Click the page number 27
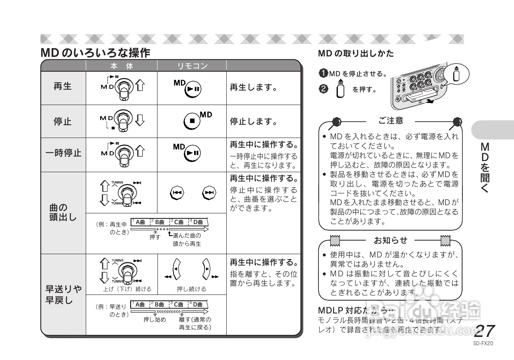pos(485,331)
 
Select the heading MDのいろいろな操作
pos(95,53)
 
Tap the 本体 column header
pos(122,66)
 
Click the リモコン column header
pos(192,66)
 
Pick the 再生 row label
pos(63,87)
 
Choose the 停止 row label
pos(63,122)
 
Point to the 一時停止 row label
pos(63,153)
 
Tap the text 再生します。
pos(253,88)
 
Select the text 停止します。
pos(253,122)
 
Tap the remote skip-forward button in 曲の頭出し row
pos(209,192)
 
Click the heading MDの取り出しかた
pos(356,54)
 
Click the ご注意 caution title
pos(391,120)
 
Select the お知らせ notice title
pos(391,240)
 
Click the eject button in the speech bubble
pos(456,74)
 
